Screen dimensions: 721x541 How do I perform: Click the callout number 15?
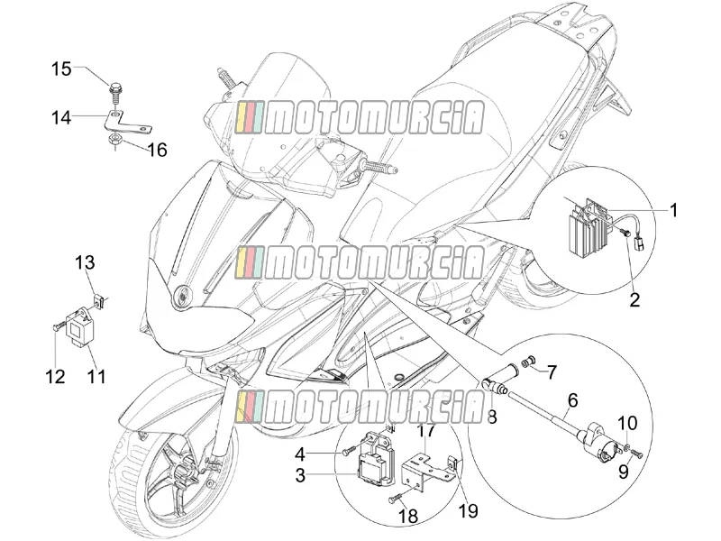tap(61, 69)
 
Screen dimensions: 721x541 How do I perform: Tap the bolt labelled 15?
tap(115, 95)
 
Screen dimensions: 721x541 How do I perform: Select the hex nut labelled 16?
tap(114, 140)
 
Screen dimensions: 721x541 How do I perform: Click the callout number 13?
tap(86, 263)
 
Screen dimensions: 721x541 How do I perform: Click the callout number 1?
tap(673, 211)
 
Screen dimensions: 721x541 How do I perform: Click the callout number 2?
tap(634, 300)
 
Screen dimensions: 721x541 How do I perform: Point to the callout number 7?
tap(552, 371)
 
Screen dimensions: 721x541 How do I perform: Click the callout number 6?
tap(572, 400)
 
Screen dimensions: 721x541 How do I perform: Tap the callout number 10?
tap(626, 423)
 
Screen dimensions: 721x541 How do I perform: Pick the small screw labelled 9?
tap(636, 454)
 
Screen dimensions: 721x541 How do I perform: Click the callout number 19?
tap(469, 510)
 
